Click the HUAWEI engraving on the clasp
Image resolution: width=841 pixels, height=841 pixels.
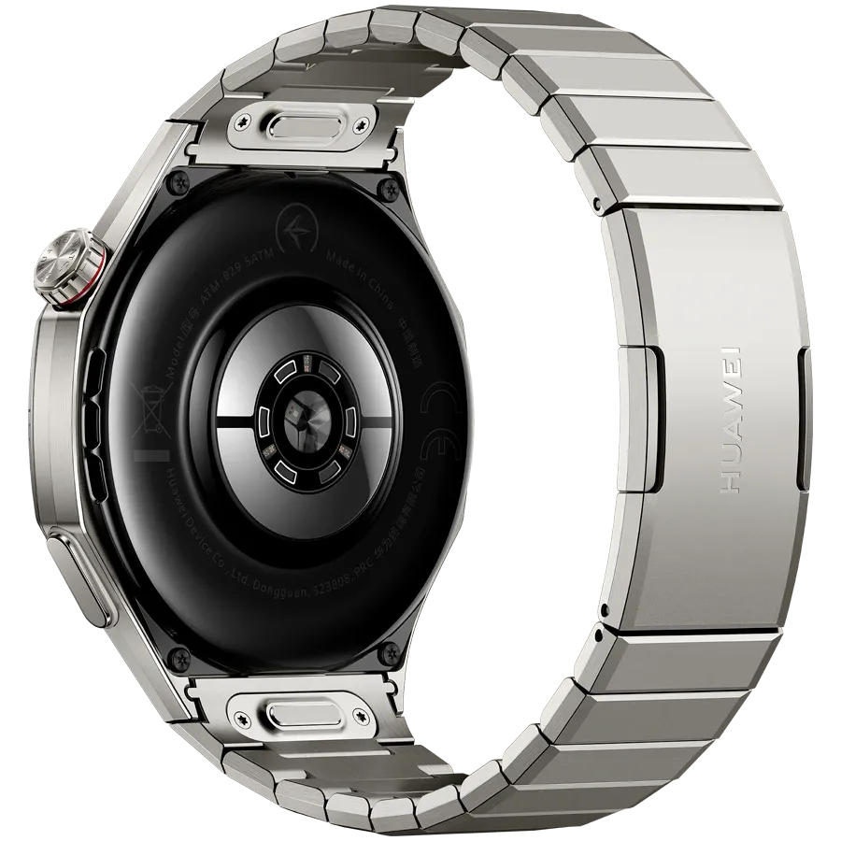tap(731, 418)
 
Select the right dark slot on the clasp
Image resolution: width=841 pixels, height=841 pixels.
tap(803, 418)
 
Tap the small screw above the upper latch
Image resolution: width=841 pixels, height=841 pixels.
tap(242, 120)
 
